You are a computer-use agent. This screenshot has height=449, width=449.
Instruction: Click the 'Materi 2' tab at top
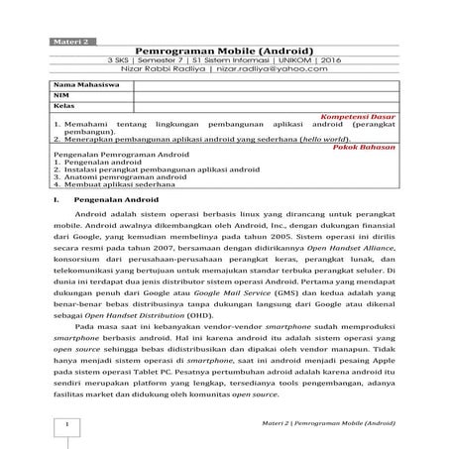(x=68, y=42)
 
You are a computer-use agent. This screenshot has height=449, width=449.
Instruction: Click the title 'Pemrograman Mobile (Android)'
(x=224, y=52)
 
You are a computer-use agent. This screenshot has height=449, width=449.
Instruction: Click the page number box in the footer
(x=65, y=424)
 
